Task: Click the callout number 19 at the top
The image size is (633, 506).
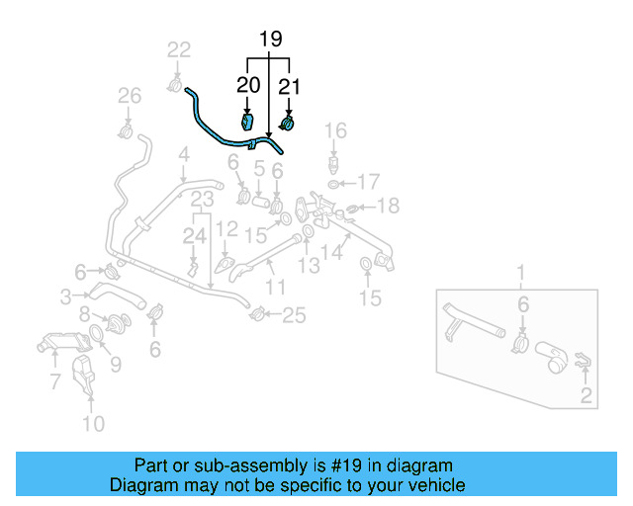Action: (271, 40)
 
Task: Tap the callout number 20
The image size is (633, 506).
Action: (248, 87)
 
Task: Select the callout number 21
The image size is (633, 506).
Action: (289, 87)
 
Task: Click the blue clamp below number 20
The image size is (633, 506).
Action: (248, 123)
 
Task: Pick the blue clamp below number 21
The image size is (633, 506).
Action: (289, 124)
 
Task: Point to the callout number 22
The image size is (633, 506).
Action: (179, 50)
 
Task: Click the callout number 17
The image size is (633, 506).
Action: (368, 182)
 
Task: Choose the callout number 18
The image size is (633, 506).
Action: (389, 206)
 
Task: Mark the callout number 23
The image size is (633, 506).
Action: (202, 201)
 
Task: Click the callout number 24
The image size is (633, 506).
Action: (194, 235)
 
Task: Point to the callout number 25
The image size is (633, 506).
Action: (295, 316)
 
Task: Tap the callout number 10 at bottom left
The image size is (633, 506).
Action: (92, 425)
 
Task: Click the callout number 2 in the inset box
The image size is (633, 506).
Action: (586, 397)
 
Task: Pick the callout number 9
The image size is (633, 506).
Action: (115, 365)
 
